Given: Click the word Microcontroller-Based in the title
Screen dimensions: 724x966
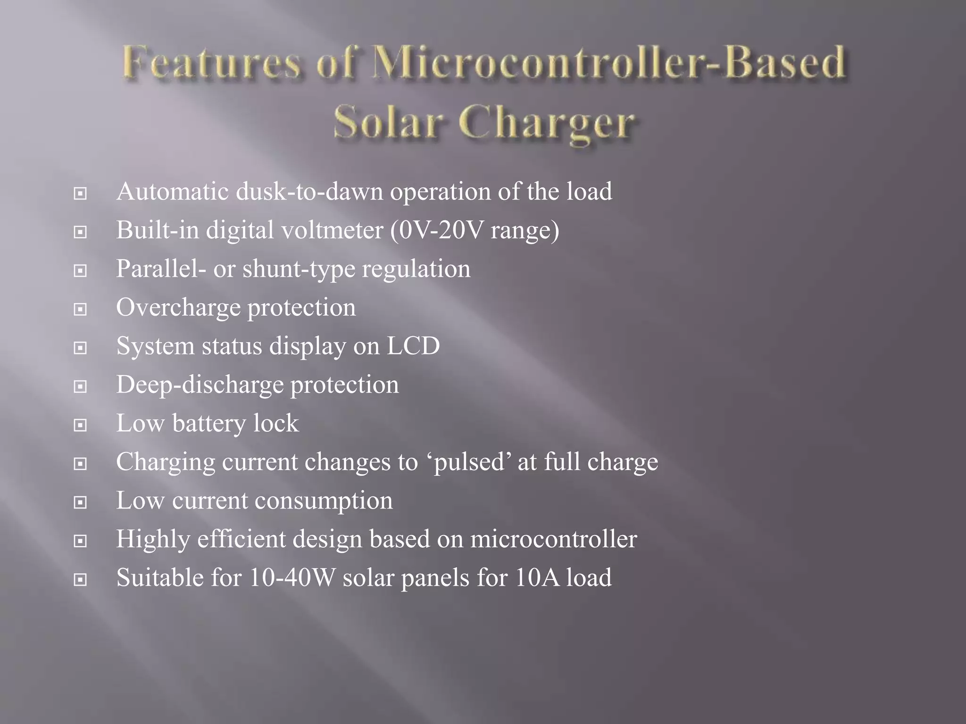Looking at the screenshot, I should tap(608, 63).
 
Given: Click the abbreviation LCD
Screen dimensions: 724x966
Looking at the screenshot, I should tap(413, 346).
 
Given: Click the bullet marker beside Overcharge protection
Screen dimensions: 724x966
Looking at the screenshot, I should tap(80, 309).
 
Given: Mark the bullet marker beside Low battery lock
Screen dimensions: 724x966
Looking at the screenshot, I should tap(80, 425).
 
